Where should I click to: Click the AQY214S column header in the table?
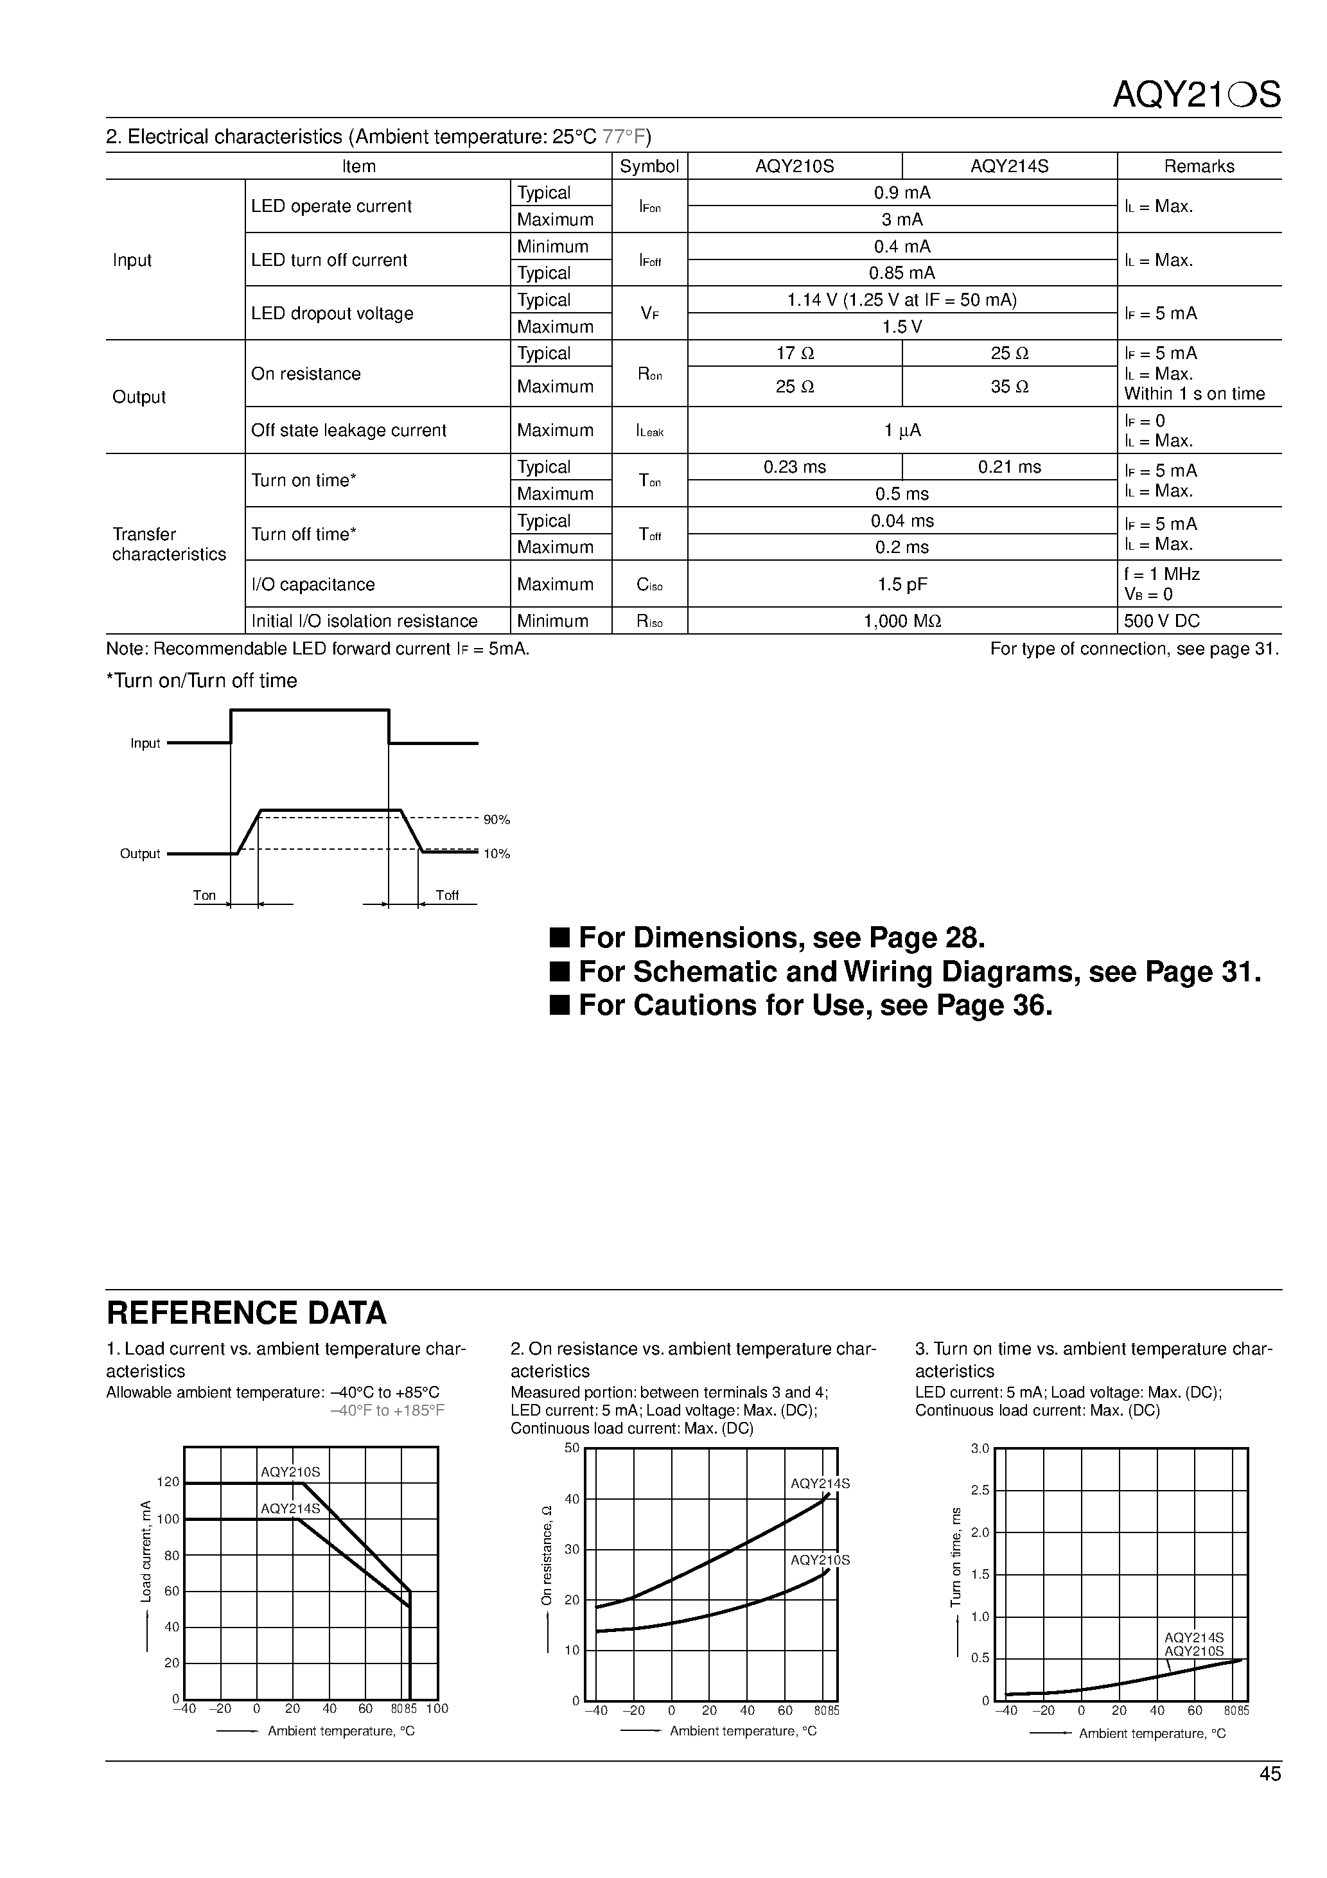tap(1009, 166)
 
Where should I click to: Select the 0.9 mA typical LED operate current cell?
tap(902, 193)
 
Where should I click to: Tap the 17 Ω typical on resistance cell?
tap(795, 353)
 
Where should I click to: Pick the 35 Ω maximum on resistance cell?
tap(1009, 386)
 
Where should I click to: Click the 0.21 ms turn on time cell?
tap(1009, 467)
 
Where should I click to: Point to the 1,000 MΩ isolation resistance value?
tap(902, 621)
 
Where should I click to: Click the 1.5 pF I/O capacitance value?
tap(902, 584)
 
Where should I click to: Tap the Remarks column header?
tap(1199, 166)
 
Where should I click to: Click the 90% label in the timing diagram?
tap(496, 820)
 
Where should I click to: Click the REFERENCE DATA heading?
tap(246, 1313)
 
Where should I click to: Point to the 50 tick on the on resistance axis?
tap(571, 1448)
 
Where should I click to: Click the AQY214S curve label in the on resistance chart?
tap(820, 1484)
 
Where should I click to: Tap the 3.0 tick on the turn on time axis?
tap(980, 1448)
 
